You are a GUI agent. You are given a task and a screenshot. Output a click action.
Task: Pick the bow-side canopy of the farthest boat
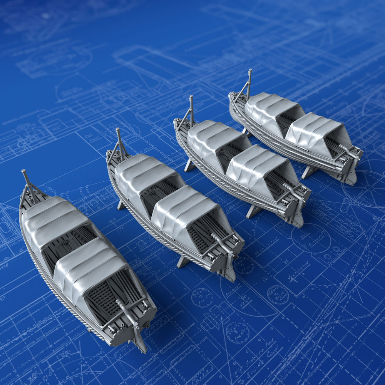pyautogui.click(x=269, y=106)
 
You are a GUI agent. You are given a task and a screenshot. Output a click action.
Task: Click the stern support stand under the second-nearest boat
pyautogui.click(x=182, y=262)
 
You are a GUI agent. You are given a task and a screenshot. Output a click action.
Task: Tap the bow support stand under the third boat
pyautogui.click(x=189, y=166)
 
